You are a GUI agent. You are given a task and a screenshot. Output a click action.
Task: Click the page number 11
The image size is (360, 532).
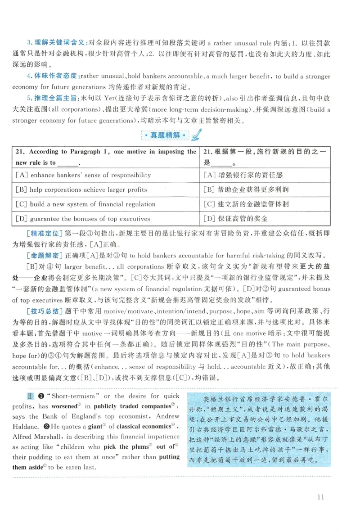pos(320,497)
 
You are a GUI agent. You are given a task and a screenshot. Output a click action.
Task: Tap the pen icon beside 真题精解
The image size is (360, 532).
pos(197,135)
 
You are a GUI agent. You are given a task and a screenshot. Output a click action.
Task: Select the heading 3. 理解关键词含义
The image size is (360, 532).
pos(56,43)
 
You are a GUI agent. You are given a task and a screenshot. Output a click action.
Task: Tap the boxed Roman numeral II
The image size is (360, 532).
pos(30,396)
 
